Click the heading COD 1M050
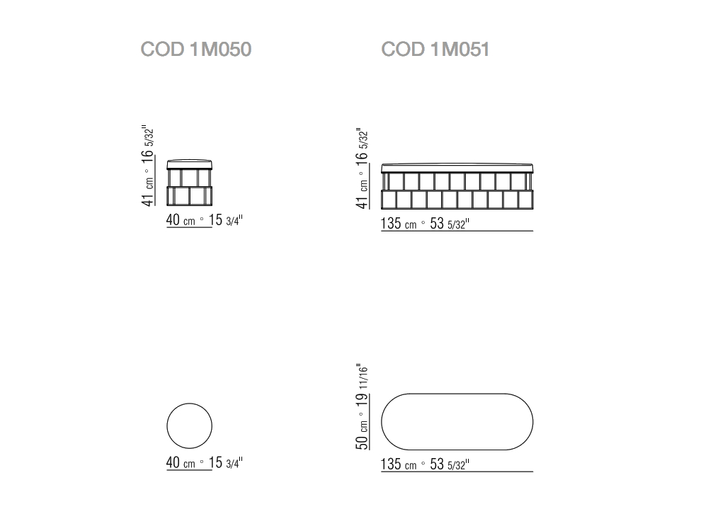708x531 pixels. point(196,50)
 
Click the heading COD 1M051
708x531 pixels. point(435,50)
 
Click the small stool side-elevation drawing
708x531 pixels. point(189,183)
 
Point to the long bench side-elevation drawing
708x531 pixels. point(457,186)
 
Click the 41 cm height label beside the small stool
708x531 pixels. point(148,191)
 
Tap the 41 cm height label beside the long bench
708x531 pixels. point(362,194)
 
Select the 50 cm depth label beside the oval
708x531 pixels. point(362,435)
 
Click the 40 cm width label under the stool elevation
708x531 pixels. point(181,220)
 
